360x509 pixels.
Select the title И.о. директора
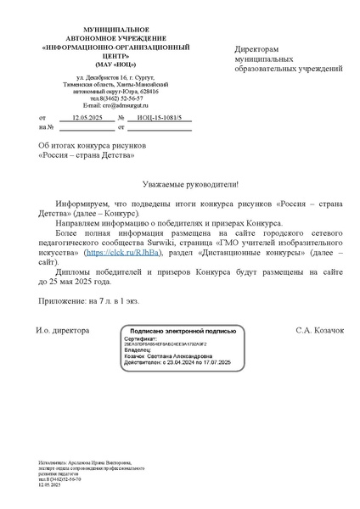click(x=62, y=329)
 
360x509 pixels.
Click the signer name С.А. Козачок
click(x=319, y=329)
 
